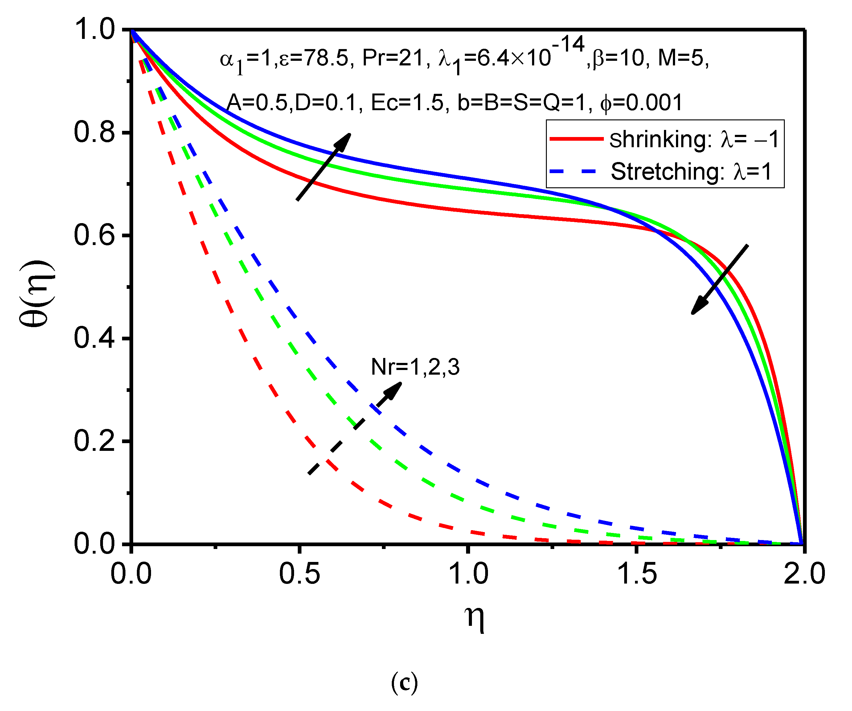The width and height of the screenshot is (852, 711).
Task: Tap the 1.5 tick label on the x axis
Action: [637, 574]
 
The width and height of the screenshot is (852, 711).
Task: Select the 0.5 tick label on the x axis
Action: [299, 574]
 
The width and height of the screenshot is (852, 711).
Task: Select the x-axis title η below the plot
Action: [474, 617]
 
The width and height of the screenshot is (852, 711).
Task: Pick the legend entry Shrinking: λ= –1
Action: [694, 139]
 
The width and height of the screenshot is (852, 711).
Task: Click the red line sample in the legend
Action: [576, 139]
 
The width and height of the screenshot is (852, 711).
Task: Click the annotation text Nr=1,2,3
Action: [415, 367]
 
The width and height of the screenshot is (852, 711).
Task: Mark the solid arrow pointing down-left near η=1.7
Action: [719, 279]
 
